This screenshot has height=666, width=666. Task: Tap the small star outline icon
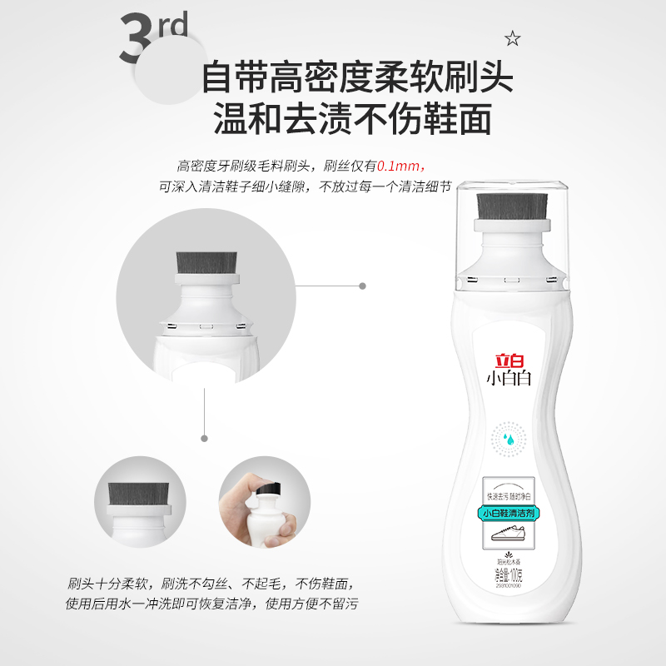pyautogui.click(x=512, y=37)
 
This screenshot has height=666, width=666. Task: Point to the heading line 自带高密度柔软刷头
pyautogui.click(x=357, y=79)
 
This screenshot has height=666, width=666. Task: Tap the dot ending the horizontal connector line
pyautogui.click(x=362, y=286)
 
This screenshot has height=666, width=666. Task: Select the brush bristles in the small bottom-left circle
pyautogui.click(x=137, y=498)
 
